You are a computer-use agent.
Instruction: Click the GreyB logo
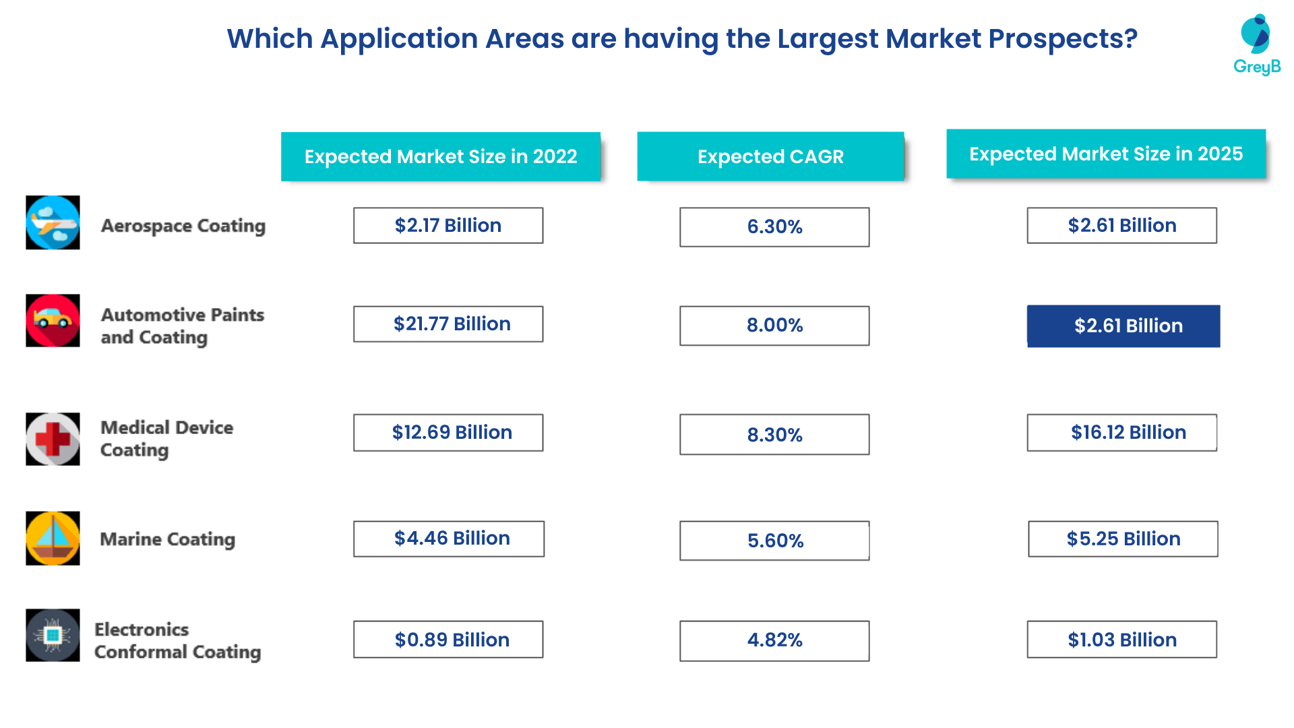click(1256, 44)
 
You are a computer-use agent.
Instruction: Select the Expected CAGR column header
click(770, 156)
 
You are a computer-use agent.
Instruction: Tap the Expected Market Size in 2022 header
click(441, 156)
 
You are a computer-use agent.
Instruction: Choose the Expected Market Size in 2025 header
click(1106, 154)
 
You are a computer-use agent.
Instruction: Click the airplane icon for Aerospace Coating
click(53, 222)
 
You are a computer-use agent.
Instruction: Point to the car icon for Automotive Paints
click(53, 320)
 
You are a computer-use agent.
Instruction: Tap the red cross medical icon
click(53, 439)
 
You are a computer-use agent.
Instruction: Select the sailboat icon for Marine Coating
click(53, 538)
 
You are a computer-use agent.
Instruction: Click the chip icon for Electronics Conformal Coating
click(53, 635)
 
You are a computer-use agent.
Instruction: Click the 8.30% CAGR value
click(774, 435)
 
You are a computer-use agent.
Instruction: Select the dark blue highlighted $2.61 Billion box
click(1123, 326)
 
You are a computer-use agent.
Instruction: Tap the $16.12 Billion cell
click(1122, 433)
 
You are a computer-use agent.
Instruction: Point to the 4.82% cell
click(774, 640)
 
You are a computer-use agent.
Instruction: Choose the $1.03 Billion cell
click(1122, 640)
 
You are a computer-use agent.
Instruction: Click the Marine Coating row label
click(168, 539)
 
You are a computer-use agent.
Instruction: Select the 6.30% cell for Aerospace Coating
click(774, 227)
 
